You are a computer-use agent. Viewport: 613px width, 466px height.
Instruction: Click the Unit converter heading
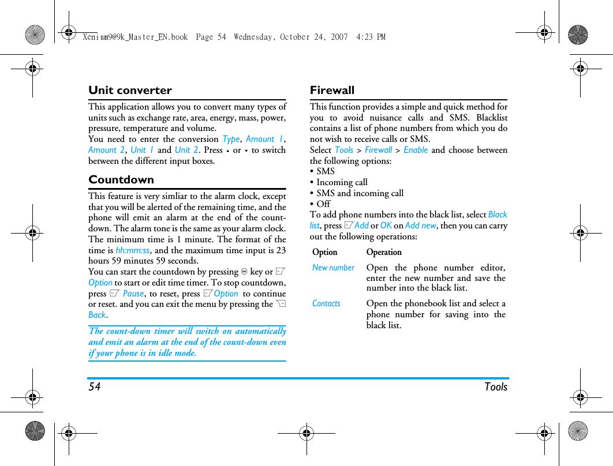point(130,91)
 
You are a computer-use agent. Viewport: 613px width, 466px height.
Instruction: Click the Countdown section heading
point(121,180)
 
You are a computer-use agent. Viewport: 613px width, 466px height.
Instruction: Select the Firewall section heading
point(332,91)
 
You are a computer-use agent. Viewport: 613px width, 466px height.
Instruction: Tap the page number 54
point(95,387)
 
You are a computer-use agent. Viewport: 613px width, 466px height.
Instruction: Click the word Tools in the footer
point(496,387)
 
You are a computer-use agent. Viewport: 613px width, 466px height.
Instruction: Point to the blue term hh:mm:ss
point(132,250)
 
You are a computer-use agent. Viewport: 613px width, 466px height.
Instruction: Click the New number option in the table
point(333,268)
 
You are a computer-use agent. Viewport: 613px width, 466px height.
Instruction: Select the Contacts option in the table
point(326,303)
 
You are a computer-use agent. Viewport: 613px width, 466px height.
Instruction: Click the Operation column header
point(384,252)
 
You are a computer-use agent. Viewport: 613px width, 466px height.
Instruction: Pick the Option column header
point(324,252)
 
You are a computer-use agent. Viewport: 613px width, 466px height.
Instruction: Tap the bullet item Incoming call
point(342,182)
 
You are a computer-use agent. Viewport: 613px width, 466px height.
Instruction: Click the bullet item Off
point(323,204)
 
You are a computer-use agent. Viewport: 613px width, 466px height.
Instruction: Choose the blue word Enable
point(416,150)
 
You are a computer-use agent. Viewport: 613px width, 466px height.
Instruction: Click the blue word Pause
point(133,294)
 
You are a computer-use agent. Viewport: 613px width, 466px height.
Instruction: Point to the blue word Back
point(97,315)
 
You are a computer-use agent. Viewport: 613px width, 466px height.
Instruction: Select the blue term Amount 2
point(106,150)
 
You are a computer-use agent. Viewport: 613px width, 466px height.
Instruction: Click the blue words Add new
point(420,226)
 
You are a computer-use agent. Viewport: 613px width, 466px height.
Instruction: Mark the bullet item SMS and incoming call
point(360,193)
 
